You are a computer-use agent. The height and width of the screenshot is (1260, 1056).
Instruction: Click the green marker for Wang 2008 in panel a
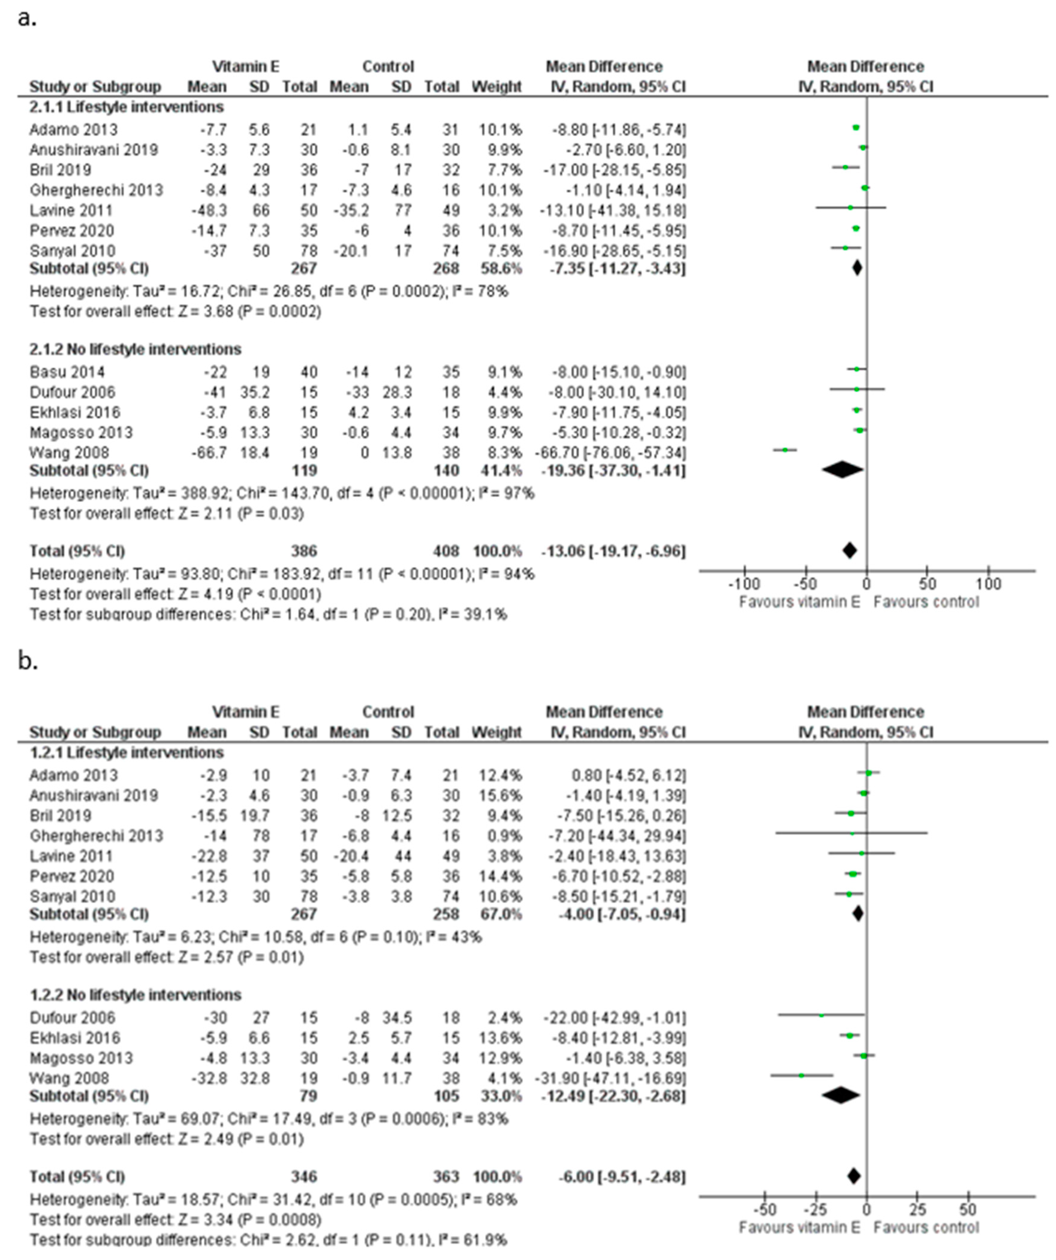pos(785,450)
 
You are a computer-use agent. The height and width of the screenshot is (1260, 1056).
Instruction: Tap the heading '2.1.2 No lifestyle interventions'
pos(136,349)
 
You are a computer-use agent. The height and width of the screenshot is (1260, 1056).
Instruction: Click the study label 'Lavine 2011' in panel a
pos(71,211)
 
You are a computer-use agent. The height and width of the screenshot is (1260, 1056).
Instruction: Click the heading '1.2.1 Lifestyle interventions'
pos(127,752)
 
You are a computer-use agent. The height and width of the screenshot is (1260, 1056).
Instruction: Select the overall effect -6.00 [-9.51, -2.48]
pos(613,1177)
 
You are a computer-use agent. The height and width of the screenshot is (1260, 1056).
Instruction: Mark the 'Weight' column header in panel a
pos(497,87)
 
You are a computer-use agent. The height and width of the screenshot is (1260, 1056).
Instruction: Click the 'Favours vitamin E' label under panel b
pos(799,1228)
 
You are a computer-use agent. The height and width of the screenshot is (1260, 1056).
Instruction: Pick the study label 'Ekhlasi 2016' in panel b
pos(75,1038)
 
